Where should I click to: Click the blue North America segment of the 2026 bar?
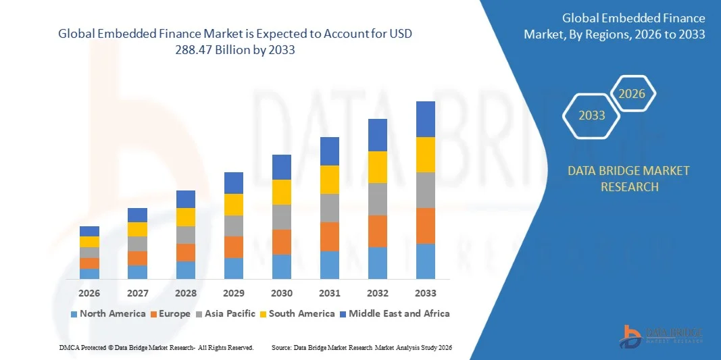pos(89,274)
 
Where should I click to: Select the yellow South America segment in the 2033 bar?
pos(425,155)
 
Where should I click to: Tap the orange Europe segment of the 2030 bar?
pos(282,242)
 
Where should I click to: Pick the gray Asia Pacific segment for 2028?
pos(186,234)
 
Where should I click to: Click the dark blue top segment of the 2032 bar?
pos(377,135)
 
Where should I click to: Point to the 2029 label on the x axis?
pos(234,293)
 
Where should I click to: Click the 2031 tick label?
pos(330,293)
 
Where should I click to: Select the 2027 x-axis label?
pos(137,293)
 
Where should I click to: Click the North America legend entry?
pos(107,313)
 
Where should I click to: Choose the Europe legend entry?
pos(170,313)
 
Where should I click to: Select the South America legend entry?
pos(297,313)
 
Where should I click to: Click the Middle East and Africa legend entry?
pos(394,313)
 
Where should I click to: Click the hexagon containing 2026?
pos(632,94)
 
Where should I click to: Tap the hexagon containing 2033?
pos(591,115)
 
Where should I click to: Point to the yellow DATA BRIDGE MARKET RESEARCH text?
pos(628,178)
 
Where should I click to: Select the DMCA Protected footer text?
pos(156,347)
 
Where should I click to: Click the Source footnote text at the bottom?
pos(361,347)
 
